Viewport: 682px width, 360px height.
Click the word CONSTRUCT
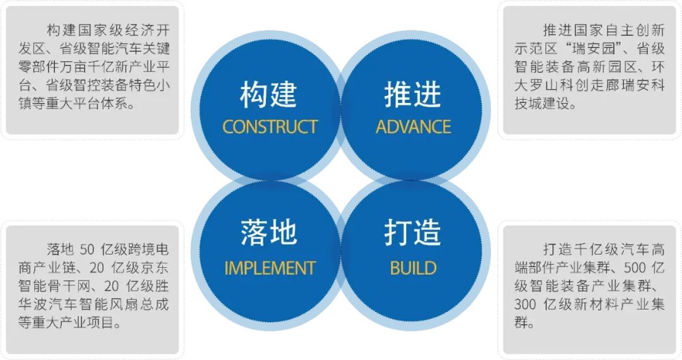click(270, 126)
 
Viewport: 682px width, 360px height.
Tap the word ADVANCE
click(413, 126)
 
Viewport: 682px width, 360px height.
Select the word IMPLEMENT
click(270, 268)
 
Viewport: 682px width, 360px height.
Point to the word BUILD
click(413, 268)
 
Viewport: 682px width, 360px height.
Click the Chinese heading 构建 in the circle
click(268, 95)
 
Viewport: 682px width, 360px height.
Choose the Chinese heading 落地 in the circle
click(268, 233)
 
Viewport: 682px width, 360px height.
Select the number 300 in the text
click(525, 305)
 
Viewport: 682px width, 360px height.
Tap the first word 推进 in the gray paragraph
click(558, 30)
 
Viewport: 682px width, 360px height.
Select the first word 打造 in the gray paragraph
click(558, 249)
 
